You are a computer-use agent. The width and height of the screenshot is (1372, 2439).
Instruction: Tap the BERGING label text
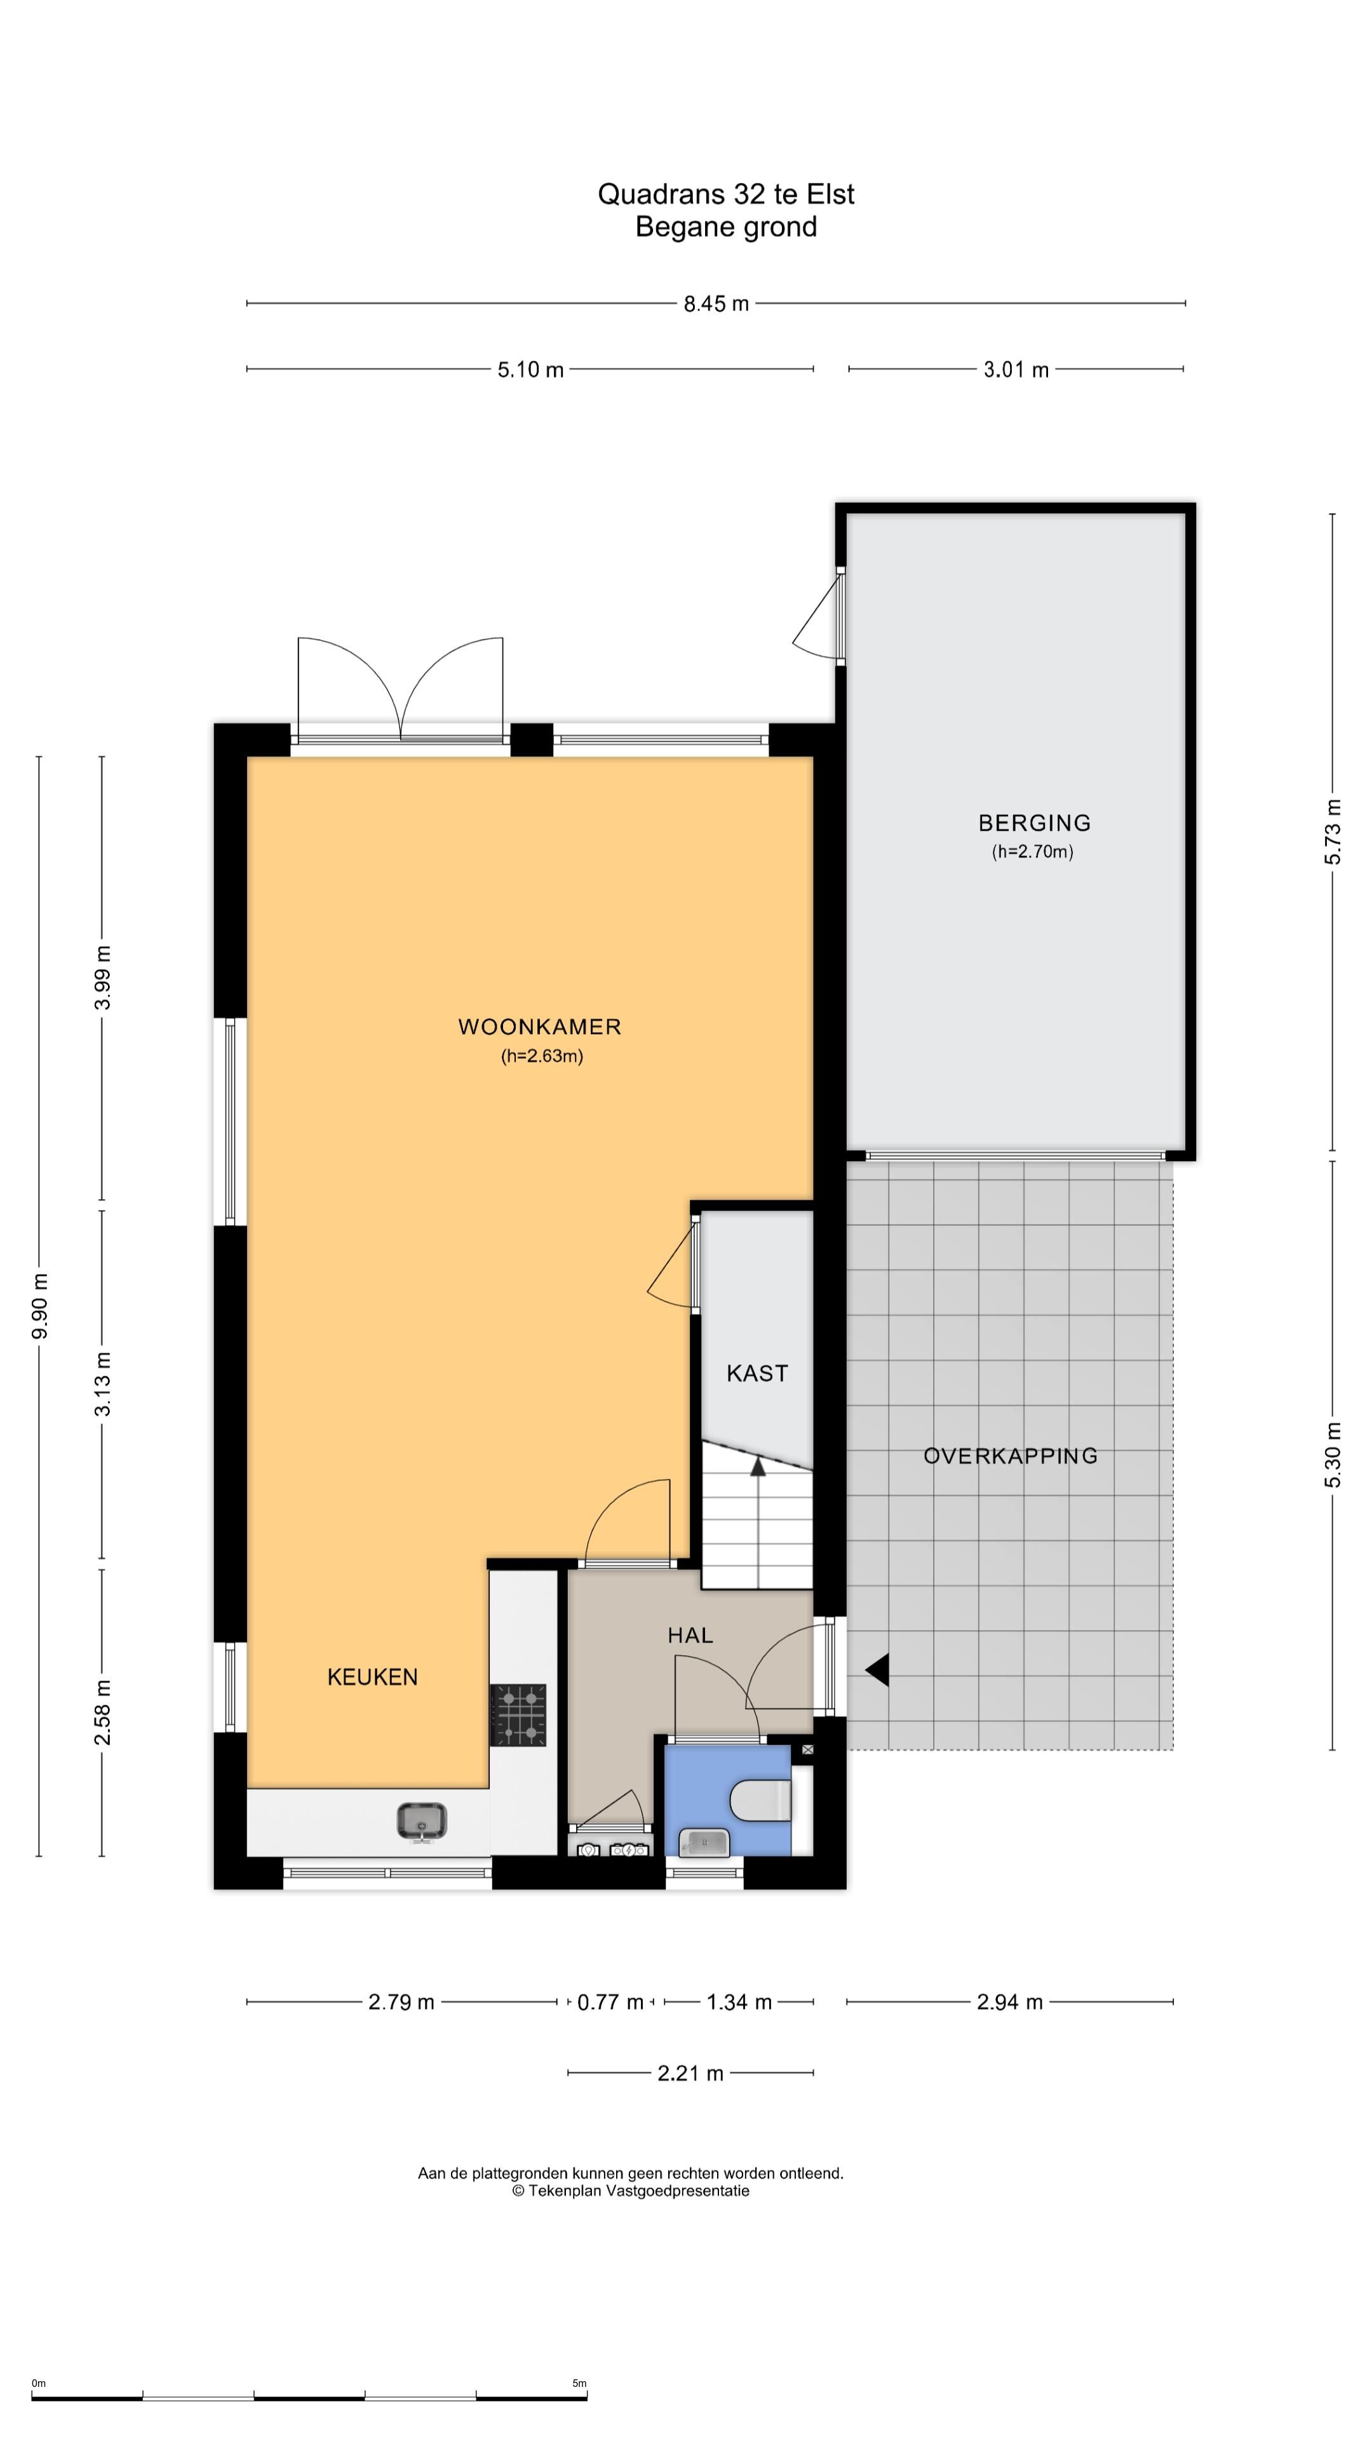(1034, 823)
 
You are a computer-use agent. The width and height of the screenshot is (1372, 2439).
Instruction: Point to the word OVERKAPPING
(1011, 1456)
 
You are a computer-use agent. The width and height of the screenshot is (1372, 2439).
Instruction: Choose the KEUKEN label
(372, 1677)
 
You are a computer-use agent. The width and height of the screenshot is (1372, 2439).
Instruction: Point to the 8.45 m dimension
(716, 304)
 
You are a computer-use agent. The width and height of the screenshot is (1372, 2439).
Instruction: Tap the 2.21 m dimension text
(690, 2074)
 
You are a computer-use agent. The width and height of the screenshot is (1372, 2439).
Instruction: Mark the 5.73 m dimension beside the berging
(1332, 831)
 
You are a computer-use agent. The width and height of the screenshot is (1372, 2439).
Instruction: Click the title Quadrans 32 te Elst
(725, 194)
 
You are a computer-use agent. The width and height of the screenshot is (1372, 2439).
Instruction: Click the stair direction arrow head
(758, 1467)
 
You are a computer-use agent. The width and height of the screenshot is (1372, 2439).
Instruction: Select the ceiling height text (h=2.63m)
(542, 1056)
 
